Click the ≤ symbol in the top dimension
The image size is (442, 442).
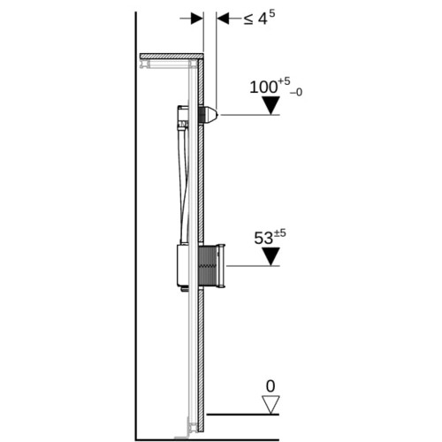click(x=248, y=19)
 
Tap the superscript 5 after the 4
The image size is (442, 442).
click(x=271, y=14)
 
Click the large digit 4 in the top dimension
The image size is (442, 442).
click(x=263, y=19)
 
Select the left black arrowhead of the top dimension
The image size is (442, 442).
click(x=197, y=19)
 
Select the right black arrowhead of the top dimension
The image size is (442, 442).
click(x=223, y=19)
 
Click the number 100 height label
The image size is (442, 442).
click(x=264, y=88)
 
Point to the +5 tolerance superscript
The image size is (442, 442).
click(x=284, y=81)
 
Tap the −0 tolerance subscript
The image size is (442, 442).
click(x=296, y=93)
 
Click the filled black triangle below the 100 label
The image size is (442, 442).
click(x=271, y=105)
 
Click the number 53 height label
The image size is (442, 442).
click(x=263, y=238)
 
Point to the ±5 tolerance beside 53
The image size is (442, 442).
click(x=280, y=233)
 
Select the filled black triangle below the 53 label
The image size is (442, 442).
click(x=271, y=256)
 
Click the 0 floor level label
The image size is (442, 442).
click(x=271, y=386)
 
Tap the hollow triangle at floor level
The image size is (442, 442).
click(x=271, y=404)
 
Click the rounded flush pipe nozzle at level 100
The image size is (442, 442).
click(x=210, y=115)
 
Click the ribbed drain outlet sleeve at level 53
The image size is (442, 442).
click(x=211, y=265)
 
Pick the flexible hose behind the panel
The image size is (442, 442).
click(x=183, y=183)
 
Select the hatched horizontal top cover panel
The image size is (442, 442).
click(x=171, y=56)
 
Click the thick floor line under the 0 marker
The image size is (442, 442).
click(x=243, y=415)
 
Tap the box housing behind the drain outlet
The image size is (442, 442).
click(x=183, y=265)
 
